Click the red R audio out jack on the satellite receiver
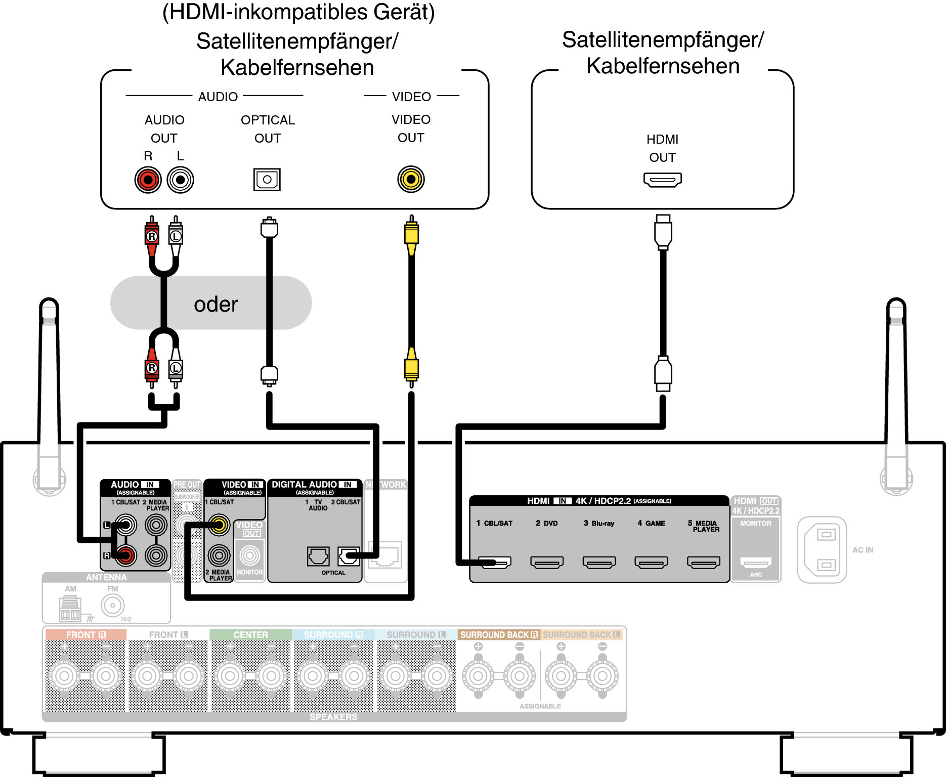[148, 180]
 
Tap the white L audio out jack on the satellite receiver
[180, 180]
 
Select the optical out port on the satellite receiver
[267, 180]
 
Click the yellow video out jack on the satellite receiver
[411, 179]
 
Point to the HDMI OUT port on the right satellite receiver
[662, 180]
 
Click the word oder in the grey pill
[216, 304]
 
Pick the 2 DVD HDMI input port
[547, 562]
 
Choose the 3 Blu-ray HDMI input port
[599, 562]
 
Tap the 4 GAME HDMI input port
[651, 562]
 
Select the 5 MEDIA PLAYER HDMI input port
[703, 562]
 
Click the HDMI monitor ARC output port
[756, 562]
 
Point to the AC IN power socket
[822, 550]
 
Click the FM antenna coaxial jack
[112, 605]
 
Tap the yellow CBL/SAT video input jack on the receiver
[219, 525]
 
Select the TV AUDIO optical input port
[318, 556]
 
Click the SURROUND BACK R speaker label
[499, 635]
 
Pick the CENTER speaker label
[250, 635]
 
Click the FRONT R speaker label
[85, 635]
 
